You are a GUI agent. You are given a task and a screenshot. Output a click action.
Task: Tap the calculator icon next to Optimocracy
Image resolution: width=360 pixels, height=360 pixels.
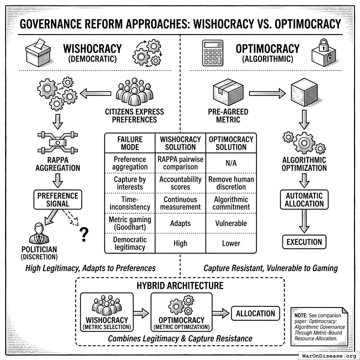point(213,53)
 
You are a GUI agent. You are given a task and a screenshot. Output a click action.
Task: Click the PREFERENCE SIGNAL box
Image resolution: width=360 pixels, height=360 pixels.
point(58,199)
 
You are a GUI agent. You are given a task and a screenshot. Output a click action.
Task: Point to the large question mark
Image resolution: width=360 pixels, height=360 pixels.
point(84,234)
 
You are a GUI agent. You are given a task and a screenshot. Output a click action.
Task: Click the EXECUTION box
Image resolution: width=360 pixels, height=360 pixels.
point(304,242)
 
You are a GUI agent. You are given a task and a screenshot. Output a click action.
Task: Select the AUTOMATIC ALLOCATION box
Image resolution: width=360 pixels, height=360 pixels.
point(304,200)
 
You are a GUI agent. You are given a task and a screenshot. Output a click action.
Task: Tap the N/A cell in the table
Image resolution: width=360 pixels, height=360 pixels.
point(231,163)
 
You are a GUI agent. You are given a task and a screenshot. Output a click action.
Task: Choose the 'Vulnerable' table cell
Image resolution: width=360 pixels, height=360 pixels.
point(231,223)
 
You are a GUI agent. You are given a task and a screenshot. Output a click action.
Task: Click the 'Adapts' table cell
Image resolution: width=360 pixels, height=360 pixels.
point(180,223)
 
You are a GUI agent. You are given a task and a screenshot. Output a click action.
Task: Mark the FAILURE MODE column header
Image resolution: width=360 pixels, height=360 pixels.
point(130,143)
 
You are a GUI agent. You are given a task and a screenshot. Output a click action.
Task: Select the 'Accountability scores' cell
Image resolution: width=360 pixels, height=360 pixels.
point(180,183)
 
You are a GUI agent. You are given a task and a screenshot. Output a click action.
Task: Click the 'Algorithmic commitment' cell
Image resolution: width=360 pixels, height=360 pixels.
point(231,203)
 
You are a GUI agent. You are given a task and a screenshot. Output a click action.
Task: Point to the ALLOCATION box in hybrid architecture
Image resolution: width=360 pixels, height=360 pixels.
point(256,314)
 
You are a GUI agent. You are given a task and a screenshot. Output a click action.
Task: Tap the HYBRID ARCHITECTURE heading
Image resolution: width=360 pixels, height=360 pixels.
point(180,285)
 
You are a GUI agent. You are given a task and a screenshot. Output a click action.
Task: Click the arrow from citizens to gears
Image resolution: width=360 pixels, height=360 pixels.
point(96,94)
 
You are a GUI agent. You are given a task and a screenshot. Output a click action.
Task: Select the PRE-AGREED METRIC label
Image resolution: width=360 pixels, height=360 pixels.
point(228,116)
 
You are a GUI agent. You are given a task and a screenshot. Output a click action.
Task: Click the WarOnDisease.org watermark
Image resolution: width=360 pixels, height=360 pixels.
point(329,355)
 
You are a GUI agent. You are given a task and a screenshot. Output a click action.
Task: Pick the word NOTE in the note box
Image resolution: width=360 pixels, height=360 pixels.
point(301,315)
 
